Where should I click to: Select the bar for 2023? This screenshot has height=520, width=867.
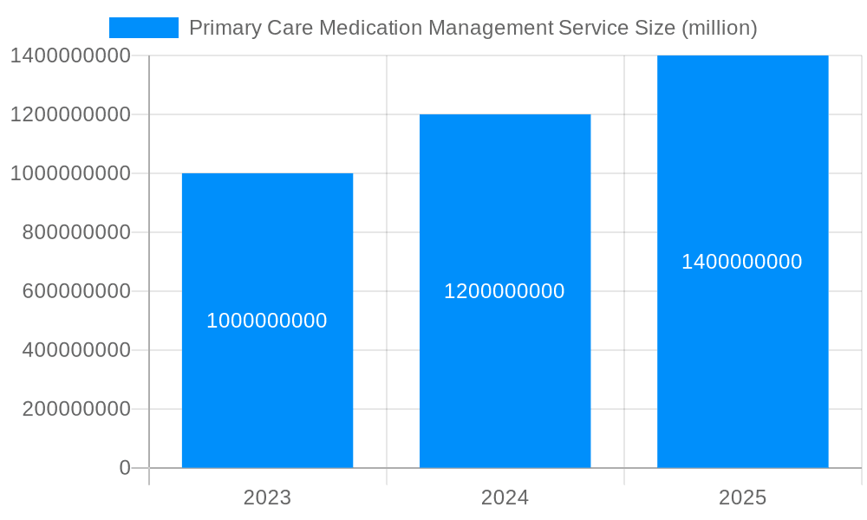(267, 390)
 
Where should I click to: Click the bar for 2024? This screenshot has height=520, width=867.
(505, 373)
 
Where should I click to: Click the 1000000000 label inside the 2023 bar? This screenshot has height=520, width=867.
(267, 321)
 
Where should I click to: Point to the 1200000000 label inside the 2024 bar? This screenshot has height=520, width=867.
(505, 291)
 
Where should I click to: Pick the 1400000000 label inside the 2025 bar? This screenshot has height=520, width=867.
(742, 262)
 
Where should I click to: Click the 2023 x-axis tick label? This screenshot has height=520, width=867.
(267, 497)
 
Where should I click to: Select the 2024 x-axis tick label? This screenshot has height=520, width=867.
(505, 497)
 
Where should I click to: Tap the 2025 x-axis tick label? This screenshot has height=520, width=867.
(742, 497)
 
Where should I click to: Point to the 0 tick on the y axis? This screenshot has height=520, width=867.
(124, 468)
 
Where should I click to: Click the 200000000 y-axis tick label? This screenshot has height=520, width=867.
(76, 409)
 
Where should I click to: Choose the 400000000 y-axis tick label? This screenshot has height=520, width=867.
(76, 350)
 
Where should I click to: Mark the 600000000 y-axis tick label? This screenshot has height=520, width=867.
(76, 291)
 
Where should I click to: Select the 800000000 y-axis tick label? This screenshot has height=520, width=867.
(76, 232)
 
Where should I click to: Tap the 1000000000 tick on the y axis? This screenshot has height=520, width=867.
(70, 173)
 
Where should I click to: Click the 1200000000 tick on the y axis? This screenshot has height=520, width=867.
(70, 114)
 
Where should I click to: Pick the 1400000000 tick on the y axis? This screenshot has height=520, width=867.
(70, 55)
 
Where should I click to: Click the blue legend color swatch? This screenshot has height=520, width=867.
(144, 28)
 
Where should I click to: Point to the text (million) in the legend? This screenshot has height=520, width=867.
(720, 28)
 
